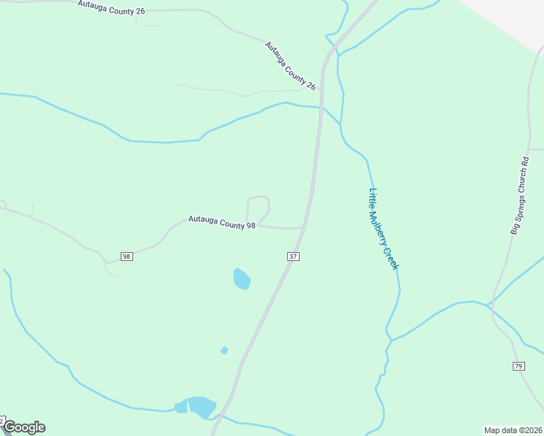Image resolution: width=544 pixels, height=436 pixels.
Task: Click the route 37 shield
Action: pos(293,257)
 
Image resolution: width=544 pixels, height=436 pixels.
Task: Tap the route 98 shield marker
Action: pos(127,257)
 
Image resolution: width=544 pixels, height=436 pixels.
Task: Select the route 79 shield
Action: pos(519,366)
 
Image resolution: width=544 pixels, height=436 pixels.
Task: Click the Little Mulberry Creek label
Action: pos(383,229)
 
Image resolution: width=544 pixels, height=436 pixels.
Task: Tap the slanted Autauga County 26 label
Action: pos(290,65)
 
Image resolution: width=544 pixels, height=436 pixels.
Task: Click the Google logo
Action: pos(23,427)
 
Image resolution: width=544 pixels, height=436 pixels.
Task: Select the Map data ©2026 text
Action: pos(513,429)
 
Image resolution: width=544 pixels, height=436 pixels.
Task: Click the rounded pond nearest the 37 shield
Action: pos(241,278)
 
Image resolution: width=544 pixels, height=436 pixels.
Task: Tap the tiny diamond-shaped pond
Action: pos(224,350)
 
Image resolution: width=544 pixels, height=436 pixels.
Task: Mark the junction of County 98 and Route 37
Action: pos(303,228)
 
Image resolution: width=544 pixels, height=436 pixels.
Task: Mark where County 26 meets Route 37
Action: pos(321,90)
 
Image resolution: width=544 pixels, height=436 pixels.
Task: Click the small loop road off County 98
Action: pos(258,207)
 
